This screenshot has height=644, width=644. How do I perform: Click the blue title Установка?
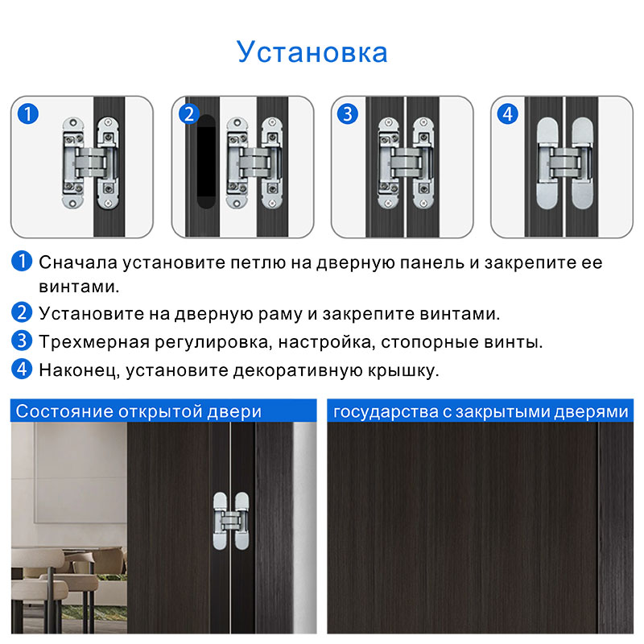pyautogui.click(x=312, y=52)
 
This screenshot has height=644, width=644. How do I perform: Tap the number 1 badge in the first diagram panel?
pyautogui.click(x=28, y=114)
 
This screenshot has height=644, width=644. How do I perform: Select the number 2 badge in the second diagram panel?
pyautogui.click(x=189, y=114)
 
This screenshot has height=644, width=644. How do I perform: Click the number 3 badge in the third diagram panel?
pyautogui.click(x=348, y=114)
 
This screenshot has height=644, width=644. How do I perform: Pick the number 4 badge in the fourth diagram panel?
pyautogui.click(x=508, y=114)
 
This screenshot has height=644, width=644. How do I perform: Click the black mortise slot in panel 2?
pyautogui.click(x=206, y=162)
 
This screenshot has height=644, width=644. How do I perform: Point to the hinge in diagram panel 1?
pyautogui.click(x=91, y=163)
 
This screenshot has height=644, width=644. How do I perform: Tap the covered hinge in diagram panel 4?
pyautogui.click(x=565, y=163)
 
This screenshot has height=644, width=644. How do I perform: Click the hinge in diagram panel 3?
pyautogui.click(x=406, y=163)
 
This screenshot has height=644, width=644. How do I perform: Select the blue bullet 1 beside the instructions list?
pyautogui.click(x=22, y=261)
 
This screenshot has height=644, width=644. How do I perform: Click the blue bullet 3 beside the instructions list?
pyautogui.click(x=22, y=341)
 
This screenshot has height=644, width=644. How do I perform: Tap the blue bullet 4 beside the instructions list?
pyautogui.click(x=22, y=369)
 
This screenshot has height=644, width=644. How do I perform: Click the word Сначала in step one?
pyautogui.click(x=78, y=263)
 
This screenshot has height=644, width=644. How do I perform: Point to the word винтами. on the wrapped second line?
pyautogui.click(x=79, y=287)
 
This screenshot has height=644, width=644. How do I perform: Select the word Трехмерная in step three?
pyautogui.click(x=94, y=342)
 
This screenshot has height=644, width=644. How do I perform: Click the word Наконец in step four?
pyautogui.click(x=79, y=370)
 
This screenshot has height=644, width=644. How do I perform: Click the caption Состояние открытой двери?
pyautogui.click(x=138, y=411)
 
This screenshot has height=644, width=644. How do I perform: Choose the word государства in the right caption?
pyautogui.click(x=386, y=412)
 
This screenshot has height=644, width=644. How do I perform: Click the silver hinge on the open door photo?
pyautogui.click(x=231, y=521)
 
